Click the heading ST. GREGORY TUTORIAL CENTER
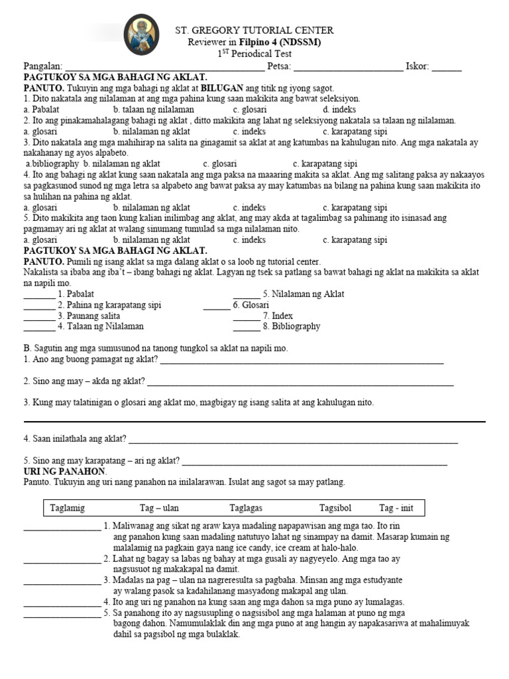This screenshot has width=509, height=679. click(254, 31)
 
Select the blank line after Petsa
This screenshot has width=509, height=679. click(347, 67)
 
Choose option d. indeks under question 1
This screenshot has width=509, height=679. click(339, 109)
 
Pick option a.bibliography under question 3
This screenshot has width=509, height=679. click(52, 164)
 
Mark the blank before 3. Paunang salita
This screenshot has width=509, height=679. click(39, 316)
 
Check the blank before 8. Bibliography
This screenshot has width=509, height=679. click(246, 327)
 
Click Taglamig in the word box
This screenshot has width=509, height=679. click(68, 508)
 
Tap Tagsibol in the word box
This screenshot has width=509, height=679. click(335, 508)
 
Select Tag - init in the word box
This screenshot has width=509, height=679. click(396, 508)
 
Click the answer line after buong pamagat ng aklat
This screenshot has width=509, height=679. click(302, 361)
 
